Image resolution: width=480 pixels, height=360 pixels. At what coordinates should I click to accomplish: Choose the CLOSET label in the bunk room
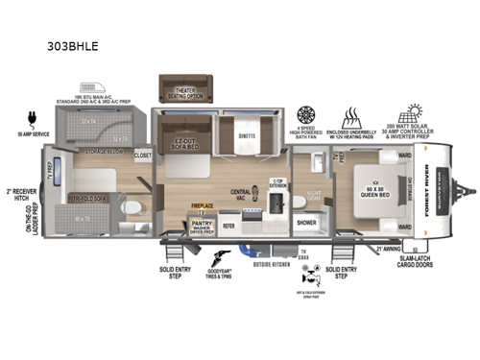[142, 154]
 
